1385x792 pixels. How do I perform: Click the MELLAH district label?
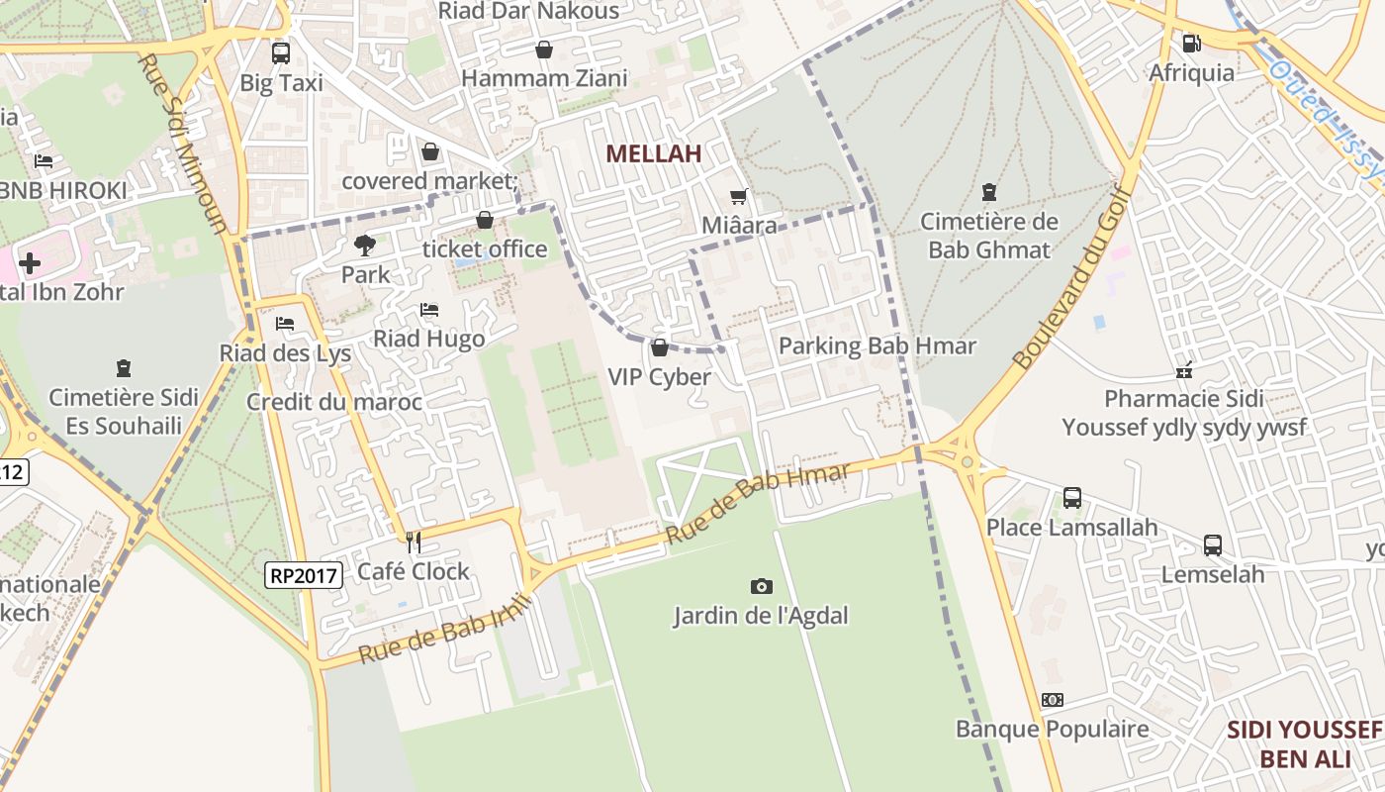pos(653,153)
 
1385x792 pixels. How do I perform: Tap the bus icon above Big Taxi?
pos(281,53)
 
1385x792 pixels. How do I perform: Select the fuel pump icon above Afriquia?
pos(1191,44)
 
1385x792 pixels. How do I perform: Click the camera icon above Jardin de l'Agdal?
pos(761,586)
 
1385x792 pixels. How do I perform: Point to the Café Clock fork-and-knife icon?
pos(414,542)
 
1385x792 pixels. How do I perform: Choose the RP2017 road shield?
pos(304,574)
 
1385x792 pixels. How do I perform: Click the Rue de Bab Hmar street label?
pos(758,503)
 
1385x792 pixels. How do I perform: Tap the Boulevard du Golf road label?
pos(1070,277)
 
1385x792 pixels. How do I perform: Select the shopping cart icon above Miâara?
pos(738,196)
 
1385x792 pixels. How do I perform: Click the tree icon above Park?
pos(365,245)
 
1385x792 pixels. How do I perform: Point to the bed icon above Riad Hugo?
pos(429,310)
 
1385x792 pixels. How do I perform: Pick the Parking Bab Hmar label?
pos(877,346)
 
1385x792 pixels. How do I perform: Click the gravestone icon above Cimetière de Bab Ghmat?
pos(988,191)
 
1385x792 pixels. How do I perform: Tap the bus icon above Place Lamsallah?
pos(1071,498)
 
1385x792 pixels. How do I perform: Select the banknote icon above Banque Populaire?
pos(1052,700)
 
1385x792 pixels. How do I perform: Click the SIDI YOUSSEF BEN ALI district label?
pos(1304,744)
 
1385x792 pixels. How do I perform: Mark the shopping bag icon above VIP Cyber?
pos(659,347)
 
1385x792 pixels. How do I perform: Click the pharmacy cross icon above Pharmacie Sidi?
pos(1183,371)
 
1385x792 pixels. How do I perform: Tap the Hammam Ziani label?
pos(544,78)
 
